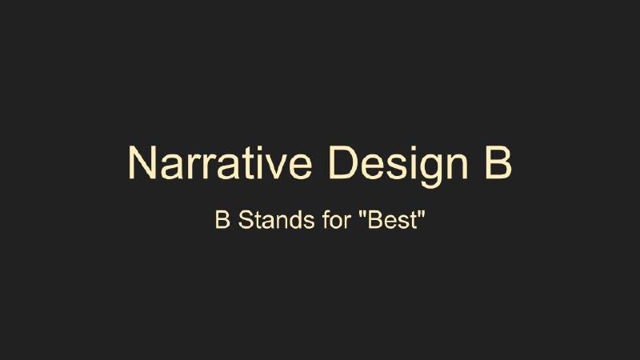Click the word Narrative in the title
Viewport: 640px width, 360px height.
tap(221, 162)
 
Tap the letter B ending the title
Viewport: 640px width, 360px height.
tap(498, 162)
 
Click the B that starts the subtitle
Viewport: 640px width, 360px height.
tap(222, 220)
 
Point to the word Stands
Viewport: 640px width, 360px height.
tap(276, 220)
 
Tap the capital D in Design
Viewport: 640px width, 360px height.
tap(342, 162)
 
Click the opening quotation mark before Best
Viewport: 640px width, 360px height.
tap(362, 214)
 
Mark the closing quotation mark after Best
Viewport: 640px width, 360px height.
tap(422, 214)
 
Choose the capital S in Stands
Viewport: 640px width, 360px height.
tap(246, 220)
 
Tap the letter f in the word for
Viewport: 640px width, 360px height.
tap(326, 219)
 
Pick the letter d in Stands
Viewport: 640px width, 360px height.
tap(297, 220)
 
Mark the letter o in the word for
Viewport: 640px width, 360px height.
tap(337, 222)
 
